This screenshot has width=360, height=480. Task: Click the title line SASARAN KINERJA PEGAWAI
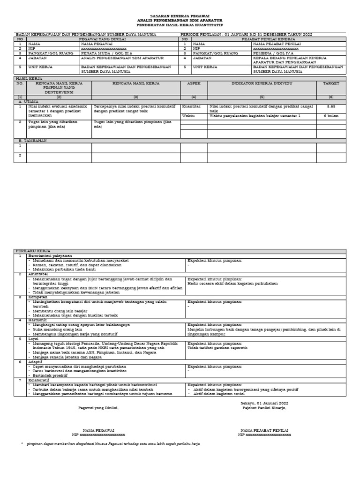[x=180, y=16]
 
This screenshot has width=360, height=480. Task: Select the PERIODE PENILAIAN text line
[x=246, y=35]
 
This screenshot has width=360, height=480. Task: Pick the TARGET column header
[x=330, y=83]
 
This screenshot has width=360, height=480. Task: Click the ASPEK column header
[x=194, y=83]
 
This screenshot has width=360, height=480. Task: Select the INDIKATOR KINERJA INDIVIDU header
[x=262, y=83]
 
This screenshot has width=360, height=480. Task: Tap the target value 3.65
[x=330, y=106]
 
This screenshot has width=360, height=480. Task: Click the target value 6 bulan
[x=330, y=115]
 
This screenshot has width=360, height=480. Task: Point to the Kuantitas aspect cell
[x=191, y=106]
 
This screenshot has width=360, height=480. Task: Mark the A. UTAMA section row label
[x=29, y=101]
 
